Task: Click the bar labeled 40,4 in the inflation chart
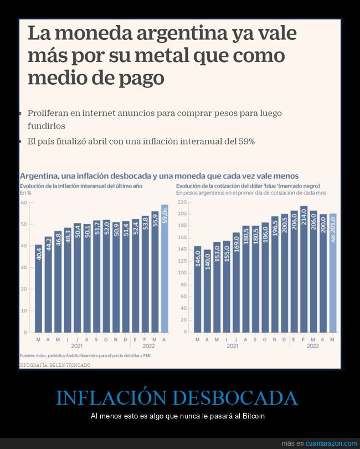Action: (38, 288)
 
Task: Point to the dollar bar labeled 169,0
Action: (236, 282)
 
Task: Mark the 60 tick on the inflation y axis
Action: (24, 203)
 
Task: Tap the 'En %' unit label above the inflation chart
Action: (26, 193)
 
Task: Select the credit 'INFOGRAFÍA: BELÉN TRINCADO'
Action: (55, 365)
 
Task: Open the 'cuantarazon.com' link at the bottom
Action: (331, 443)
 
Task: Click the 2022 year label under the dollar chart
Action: (313, 345)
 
